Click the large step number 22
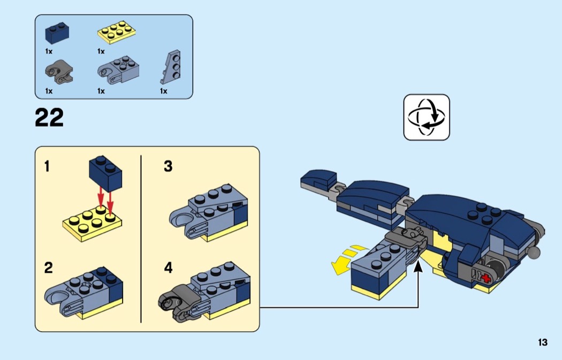49,118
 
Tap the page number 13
543,343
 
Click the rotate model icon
427,117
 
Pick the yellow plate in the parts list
116,34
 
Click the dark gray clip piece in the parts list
58,72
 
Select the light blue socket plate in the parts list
119,71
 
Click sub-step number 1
47,167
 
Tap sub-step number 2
48,268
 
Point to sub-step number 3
168,167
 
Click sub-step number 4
169,268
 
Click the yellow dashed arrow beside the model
344,259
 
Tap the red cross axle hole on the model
487,278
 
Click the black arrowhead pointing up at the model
419,267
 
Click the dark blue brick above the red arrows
105,174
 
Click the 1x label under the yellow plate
101,51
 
